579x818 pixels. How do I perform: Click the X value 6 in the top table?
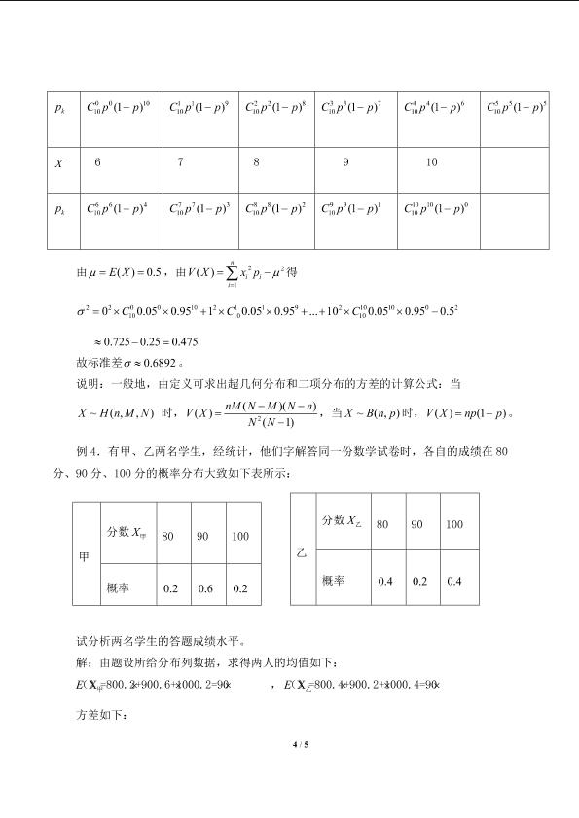(x=97, y=162)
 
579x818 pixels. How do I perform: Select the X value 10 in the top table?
(x=432, y=162)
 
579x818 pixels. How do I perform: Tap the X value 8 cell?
(x=256, y=162)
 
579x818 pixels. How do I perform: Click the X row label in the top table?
(x=59, y=162)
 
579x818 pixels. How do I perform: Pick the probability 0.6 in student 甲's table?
(x=205, y=588)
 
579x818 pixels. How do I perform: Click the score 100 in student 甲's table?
(x=240, y=536)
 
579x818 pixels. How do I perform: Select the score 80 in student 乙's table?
(x=383, y=524)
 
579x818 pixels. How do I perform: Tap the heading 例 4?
(x=90, y=453)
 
